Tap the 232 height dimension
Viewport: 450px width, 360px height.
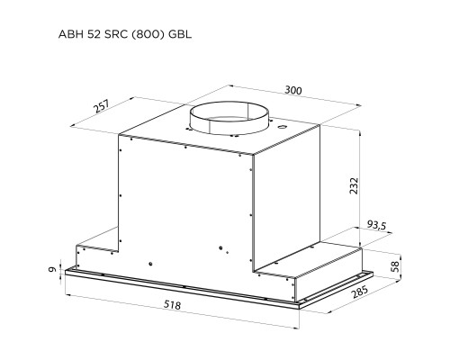(x=354, y=185)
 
